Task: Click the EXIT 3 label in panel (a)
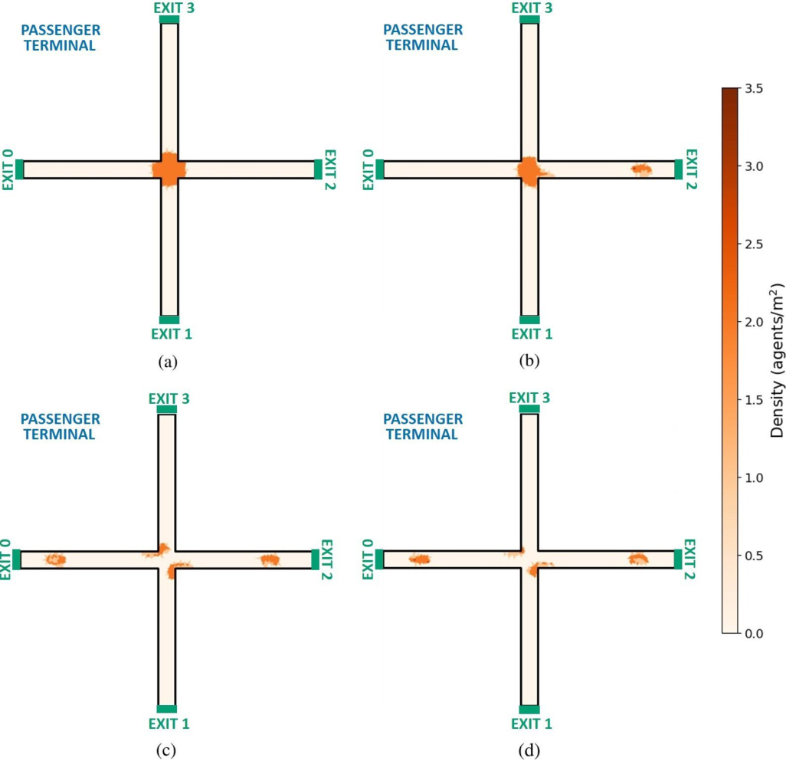[x=174, y=8]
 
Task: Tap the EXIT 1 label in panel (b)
[x=532, y=334]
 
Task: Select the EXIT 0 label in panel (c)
[x=5, y=559]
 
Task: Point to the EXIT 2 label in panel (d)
[x=690, y=559]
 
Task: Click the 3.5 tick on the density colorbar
[x=754, y=89]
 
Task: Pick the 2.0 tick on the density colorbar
[x=754, y=322]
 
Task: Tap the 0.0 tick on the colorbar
[x=754, y=634]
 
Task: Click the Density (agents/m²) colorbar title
[x=777, y=361]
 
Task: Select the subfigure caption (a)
[x=168, y=362]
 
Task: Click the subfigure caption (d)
[x=530, y=750]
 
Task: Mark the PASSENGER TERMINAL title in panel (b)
[x=423, y=37]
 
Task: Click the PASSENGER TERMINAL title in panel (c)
[x=61, y=427]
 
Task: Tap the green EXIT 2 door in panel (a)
[x=319, y=169]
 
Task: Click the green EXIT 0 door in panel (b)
[x=380, y=169]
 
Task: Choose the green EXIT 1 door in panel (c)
[x=167, y=709]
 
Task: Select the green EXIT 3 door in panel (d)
[x=529, y=409]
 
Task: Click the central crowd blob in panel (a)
[x=169, y=169]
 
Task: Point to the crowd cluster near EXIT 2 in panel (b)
[x=641, y=169]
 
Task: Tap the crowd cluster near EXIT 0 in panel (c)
[x=55, y=559]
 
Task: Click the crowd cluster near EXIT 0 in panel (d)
[x=420, y=559]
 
